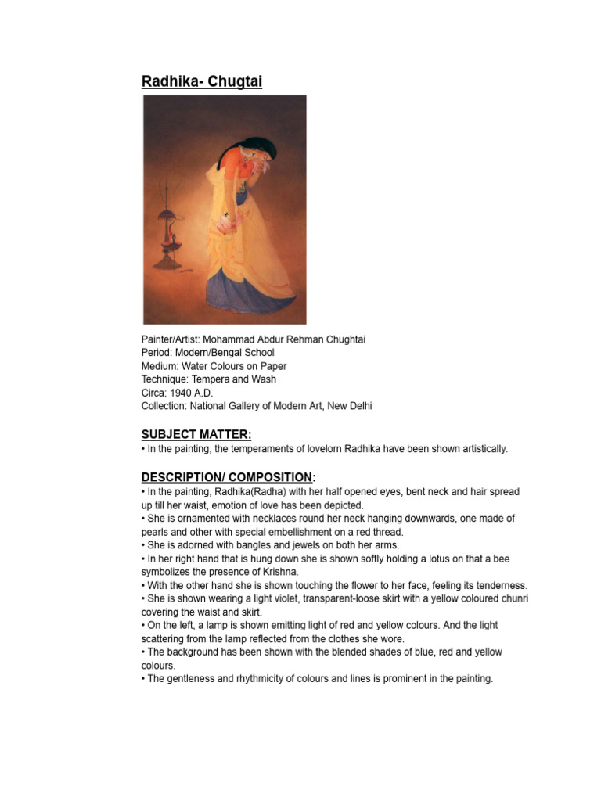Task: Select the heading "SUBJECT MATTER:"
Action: coord(196,434)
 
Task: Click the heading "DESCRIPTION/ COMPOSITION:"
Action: coord(228,477)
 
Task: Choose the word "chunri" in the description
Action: coord(513,598)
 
